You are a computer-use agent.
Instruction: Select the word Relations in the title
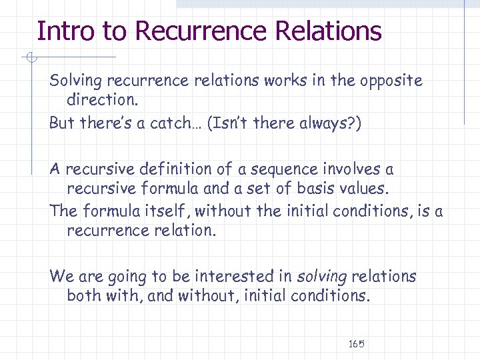(x=327, y=31)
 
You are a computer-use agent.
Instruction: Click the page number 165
(x=356, y=344)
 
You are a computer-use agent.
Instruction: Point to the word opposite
(x=391, y=81)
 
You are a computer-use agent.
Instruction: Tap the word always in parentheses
(x=323, y=123)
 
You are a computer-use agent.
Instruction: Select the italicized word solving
(x=321, y=277)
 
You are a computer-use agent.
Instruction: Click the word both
(x=83, y=295)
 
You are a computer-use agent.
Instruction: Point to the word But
(x=62, y=123)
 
